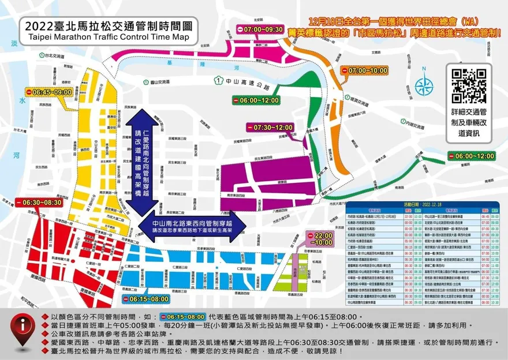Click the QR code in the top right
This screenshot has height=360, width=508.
468,85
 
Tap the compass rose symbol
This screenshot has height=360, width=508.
424,88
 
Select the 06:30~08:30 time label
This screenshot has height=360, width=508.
38,202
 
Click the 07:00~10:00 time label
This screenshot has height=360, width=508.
365,70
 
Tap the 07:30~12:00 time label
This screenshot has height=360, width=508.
270,127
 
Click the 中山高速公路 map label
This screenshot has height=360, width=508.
249,85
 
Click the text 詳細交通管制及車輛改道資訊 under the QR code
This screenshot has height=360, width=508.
468,123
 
